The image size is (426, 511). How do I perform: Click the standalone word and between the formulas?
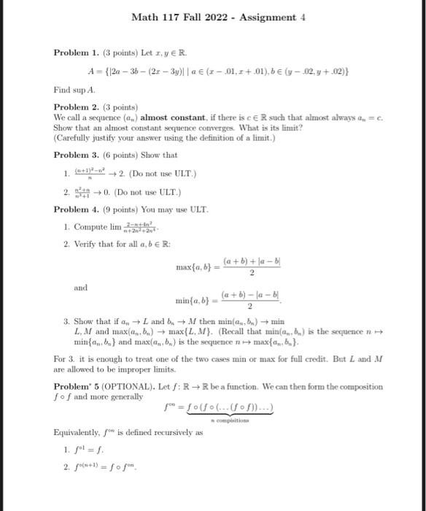click(x=80, y=288)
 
